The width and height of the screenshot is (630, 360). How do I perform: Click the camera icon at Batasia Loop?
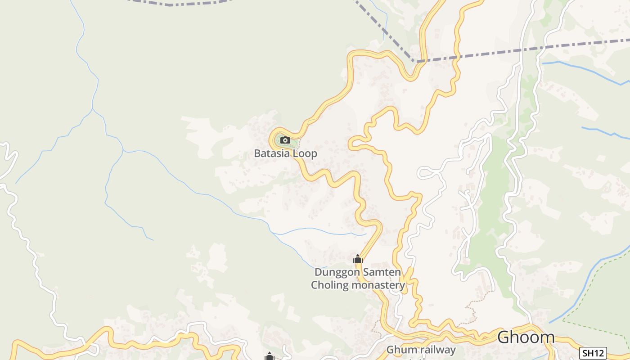coord(285,140)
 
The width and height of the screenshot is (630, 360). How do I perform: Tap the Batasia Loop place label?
coord(285,153)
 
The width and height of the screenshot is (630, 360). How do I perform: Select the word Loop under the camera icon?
coord(305,153)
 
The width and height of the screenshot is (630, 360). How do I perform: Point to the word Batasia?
coord(272,153)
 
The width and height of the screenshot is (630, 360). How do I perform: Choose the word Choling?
coord(330,285)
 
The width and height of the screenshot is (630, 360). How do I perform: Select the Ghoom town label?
coord(526,337)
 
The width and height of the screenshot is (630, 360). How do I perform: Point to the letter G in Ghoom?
coord(504,337)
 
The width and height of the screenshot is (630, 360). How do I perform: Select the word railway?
coord(437,350)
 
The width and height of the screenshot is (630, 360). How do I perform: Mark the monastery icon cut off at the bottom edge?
coord(270,356)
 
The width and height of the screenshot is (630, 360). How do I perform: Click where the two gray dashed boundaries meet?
coord(414,61)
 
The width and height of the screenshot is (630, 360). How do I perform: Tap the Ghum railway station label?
coord(421,351)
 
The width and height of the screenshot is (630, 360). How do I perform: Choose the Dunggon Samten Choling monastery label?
coord(358,279)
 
